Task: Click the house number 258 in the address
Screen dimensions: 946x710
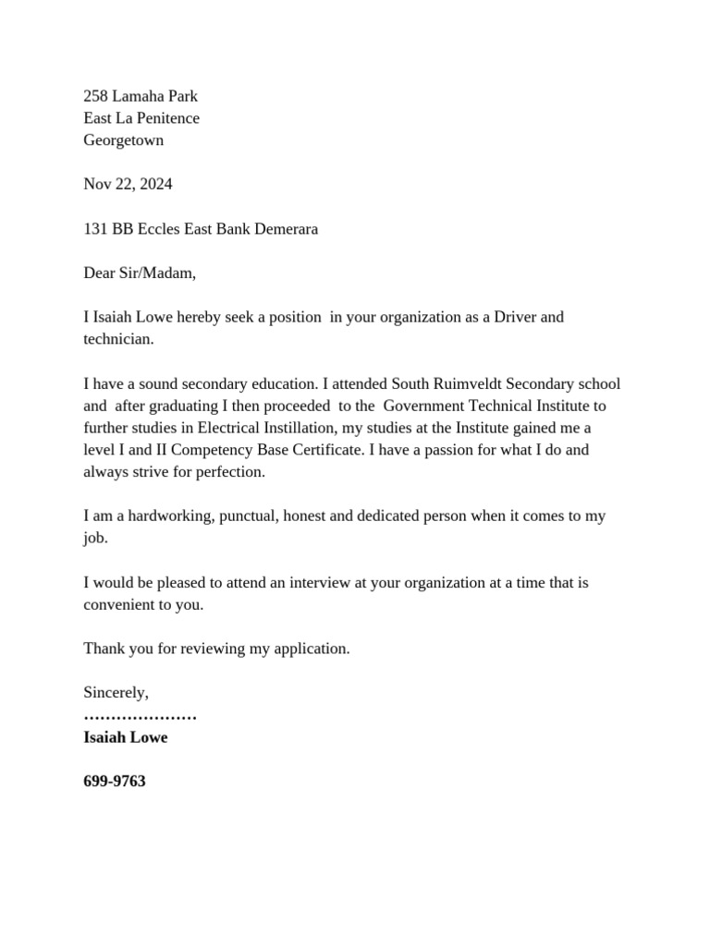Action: (x=95, y=96)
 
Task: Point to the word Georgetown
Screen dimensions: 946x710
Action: (x=124, y=140)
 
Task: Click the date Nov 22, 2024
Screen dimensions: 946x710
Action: (x=128, y=184)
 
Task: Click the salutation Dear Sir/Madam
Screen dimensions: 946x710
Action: (x=140, y=273)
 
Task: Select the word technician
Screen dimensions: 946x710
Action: (x=117, y=339)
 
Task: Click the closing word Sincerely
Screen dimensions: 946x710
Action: (x=116, y=693)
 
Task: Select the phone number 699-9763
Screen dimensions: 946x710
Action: (x=115, y=782)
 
